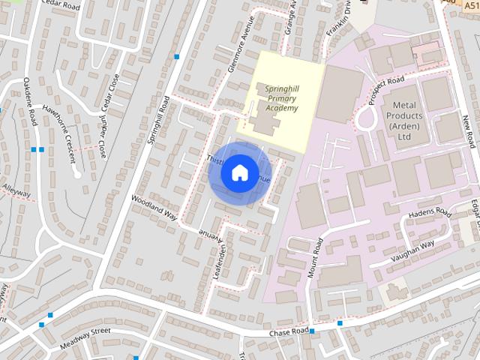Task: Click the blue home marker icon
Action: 239,172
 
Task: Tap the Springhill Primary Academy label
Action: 281,97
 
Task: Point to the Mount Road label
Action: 315,259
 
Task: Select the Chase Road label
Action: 289,331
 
